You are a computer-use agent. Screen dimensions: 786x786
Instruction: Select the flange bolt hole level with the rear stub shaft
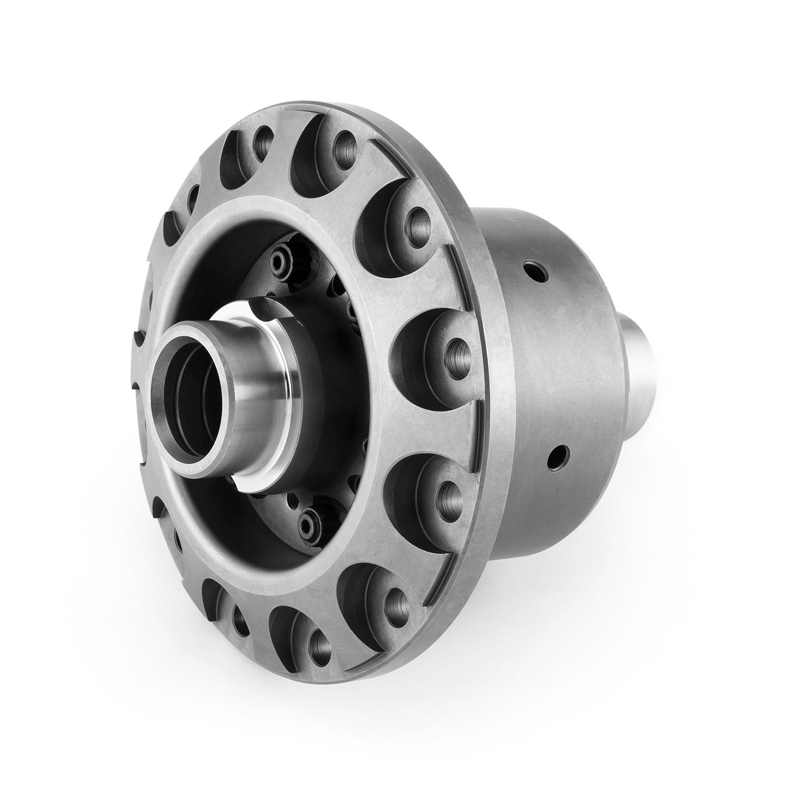click(456, 348)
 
